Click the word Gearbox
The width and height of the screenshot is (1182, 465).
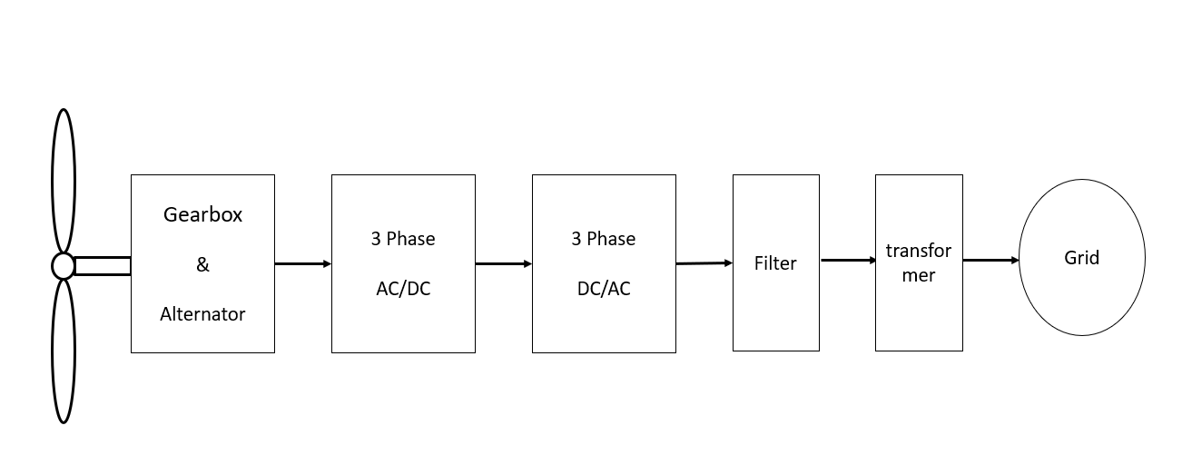202,215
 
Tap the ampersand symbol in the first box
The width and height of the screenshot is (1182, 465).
202,264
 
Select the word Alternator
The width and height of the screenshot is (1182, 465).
202,314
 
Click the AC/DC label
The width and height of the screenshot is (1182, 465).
403,289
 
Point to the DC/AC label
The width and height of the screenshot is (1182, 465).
604,289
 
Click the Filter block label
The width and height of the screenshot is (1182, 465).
775,263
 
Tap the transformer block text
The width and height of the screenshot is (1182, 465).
919,262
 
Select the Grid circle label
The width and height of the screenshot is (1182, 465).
1081,258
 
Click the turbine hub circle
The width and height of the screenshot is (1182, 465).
63,265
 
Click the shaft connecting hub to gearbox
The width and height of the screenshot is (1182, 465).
102,265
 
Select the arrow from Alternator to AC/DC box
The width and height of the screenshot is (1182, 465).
302,264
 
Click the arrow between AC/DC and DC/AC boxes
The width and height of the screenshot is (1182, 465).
503,264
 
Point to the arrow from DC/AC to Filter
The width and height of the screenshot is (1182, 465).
704,263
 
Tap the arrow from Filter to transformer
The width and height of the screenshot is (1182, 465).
847,261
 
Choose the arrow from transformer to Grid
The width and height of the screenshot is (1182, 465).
990,261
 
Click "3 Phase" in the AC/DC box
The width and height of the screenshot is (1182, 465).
403,239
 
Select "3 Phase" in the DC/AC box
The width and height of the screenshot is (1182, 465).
604,239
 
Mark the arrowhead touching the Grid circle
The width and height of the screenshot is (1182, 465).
1015,261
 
